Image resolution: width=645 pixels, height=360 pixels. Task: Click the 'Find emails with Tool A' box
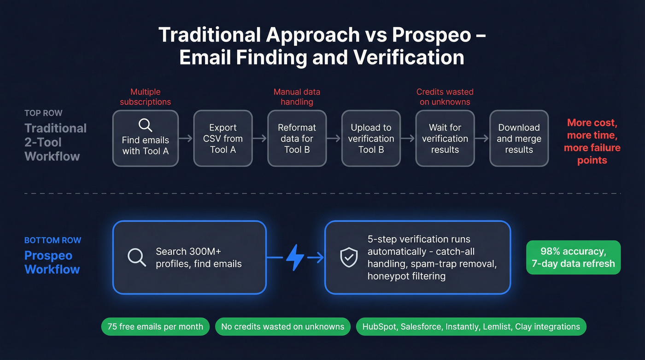tap(145, 138)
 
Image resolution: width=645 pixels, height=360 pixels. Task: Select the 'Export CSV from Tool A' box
tap(223, 138)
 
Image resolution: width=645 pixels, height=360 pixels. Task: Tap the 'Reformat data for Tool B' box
tap(297, 138)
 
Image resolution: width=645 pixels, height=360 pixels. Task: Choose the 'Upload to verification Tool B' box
tap(371, 138)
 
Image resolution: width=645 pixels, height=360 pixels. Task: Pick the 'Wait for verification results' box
tap(445, 138)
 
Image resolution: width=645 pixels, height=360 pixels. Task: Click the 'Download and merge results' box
tap(519, 138)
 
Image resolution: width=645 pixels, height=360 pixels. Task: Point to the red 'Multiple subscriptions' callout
tap(145, 97)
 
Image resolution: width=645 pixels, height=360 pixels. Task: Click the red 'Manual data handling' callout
tap(297, 97)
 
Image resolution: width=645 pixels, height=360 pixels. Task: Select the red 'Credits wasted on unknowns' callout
tap(445, 97)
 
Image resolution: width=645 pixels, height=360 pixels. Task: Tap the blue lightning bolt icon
tap(295, 258)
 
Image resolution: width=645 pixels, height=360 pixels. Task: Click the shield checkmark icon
tap(349, 258)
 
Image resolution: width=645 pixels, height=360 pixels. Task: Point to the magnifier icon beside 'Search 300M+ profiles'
tap(137, 257)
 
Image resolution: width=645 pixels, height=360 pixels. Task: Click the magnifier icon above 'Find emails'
tap(145, 125)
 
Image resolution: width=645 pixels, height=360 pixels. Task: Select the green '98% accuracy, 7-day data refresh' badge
tap(573, 258)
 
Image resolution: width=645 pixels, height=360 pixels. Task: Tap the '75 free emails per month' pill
tap(155, 327)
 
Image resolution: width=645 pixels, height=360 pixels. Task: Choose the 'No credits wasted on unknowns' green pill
tap(282, 327)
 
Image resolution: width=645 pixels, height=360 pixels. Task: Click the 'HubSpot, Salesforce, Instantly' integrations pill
tap(471, 327)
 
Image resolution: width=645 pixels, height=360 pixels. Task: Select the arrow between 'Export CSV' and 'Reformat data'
tap(260, 138)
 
